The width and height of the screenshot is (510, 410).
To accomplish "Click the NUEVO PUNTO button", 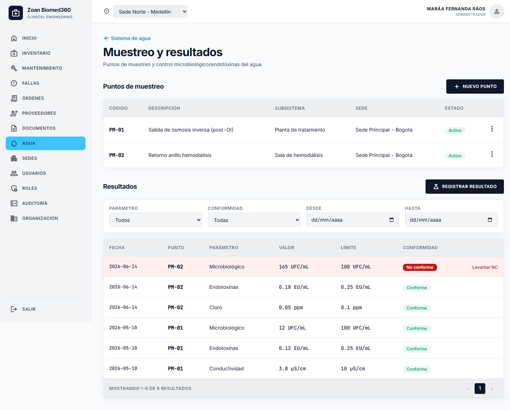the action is [x=475, y=87].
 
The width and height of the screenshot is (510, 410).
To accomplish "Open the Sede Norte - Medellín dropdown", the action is [x=150, y=11].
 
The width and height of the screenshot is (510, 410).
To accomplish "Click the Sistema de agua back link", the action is [x=127, y=38].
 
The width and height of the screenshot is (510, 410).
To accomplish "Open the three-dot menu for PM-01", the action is [x=492, y=129].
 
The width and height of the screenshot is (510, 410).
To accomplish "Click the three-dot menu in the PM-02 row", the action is [x=492, y=154].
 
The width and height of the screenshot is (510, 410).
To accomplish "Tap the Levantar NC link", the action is [x=485, y=267].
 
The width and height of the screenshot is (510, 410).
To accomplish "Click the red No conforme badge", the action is [x=420, y=267].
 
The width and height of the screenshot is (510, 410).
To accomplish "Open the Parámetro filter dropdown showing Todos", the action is [x=155, y=220].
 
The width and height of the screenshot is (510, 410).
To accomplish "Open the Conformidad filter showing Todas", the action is [x=254, y=220].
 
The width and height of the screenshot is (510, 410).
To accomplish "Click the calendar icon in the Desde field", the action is [x=392, y=220].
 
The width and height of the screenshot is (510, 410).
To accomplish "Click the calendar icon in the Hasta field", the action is [x=490, y=220].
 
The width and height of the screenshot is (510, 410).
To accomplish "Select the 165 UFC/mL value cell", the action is [x=293, y=267].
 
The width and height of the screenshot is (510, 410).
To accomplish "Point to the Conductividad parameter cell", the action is [x=226, y=369].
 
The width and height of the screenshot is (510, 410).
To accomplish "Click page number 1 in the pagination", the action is [x=480, y=389].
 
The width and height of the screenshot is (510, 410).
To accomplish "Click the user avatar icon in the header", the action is [x=496, y=11].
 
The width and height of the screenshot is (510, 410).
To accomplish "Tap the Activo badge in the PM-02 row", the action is [x=455, y=156].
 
